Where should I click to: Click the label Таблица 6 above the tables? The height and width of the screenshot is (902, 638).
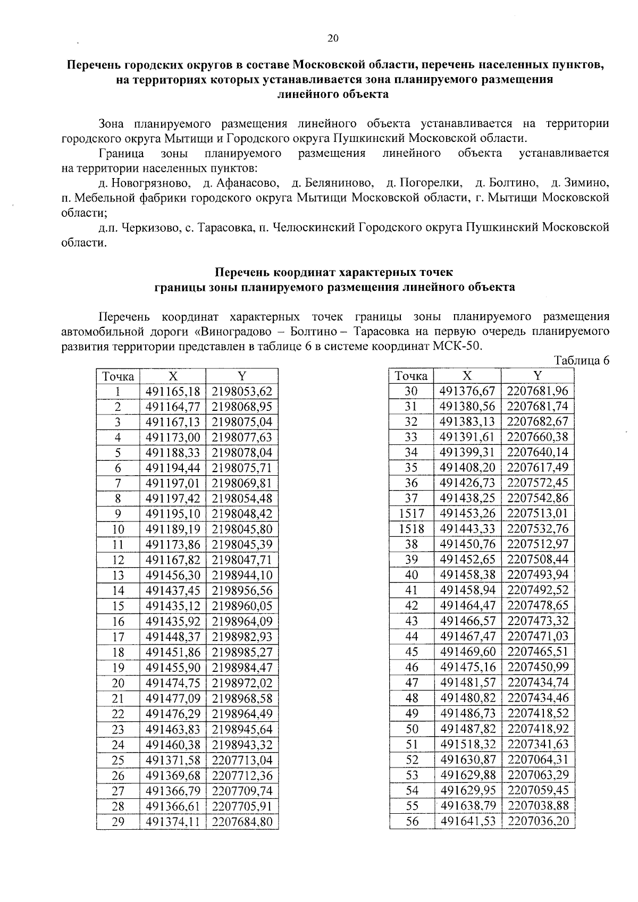tap(581, 361)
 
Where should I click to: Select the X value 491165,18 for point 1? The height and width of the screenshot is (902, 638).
tap(173, 392)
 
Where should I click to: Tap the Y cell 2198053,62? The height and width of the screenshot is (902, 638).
tap(242, 392)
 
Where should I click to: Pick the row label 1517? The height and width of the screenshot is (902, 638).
tap(412, 513)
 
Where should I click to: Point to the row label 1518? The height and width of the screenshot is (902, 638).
tap(412, 529)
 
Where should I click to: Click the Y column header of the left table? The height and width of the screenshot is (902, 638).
tap(242, 376)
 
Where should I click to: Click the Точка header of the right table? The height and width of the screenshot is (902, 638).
tap(412, 376)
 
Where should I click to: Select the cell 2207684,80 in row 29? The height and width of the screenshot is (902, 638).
tap(242, 822)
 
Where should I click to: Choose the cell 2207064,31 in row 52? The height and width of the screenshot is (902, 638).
tap(538, 760)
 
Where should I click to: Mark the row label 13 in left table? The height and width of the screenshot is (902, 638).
tap(118, 575)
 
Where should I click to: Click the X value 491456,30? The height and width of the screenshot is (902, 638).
tap(173, 575)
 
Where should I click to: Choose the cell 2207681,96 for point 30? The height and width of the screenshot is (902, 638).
tap(538, 392)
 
